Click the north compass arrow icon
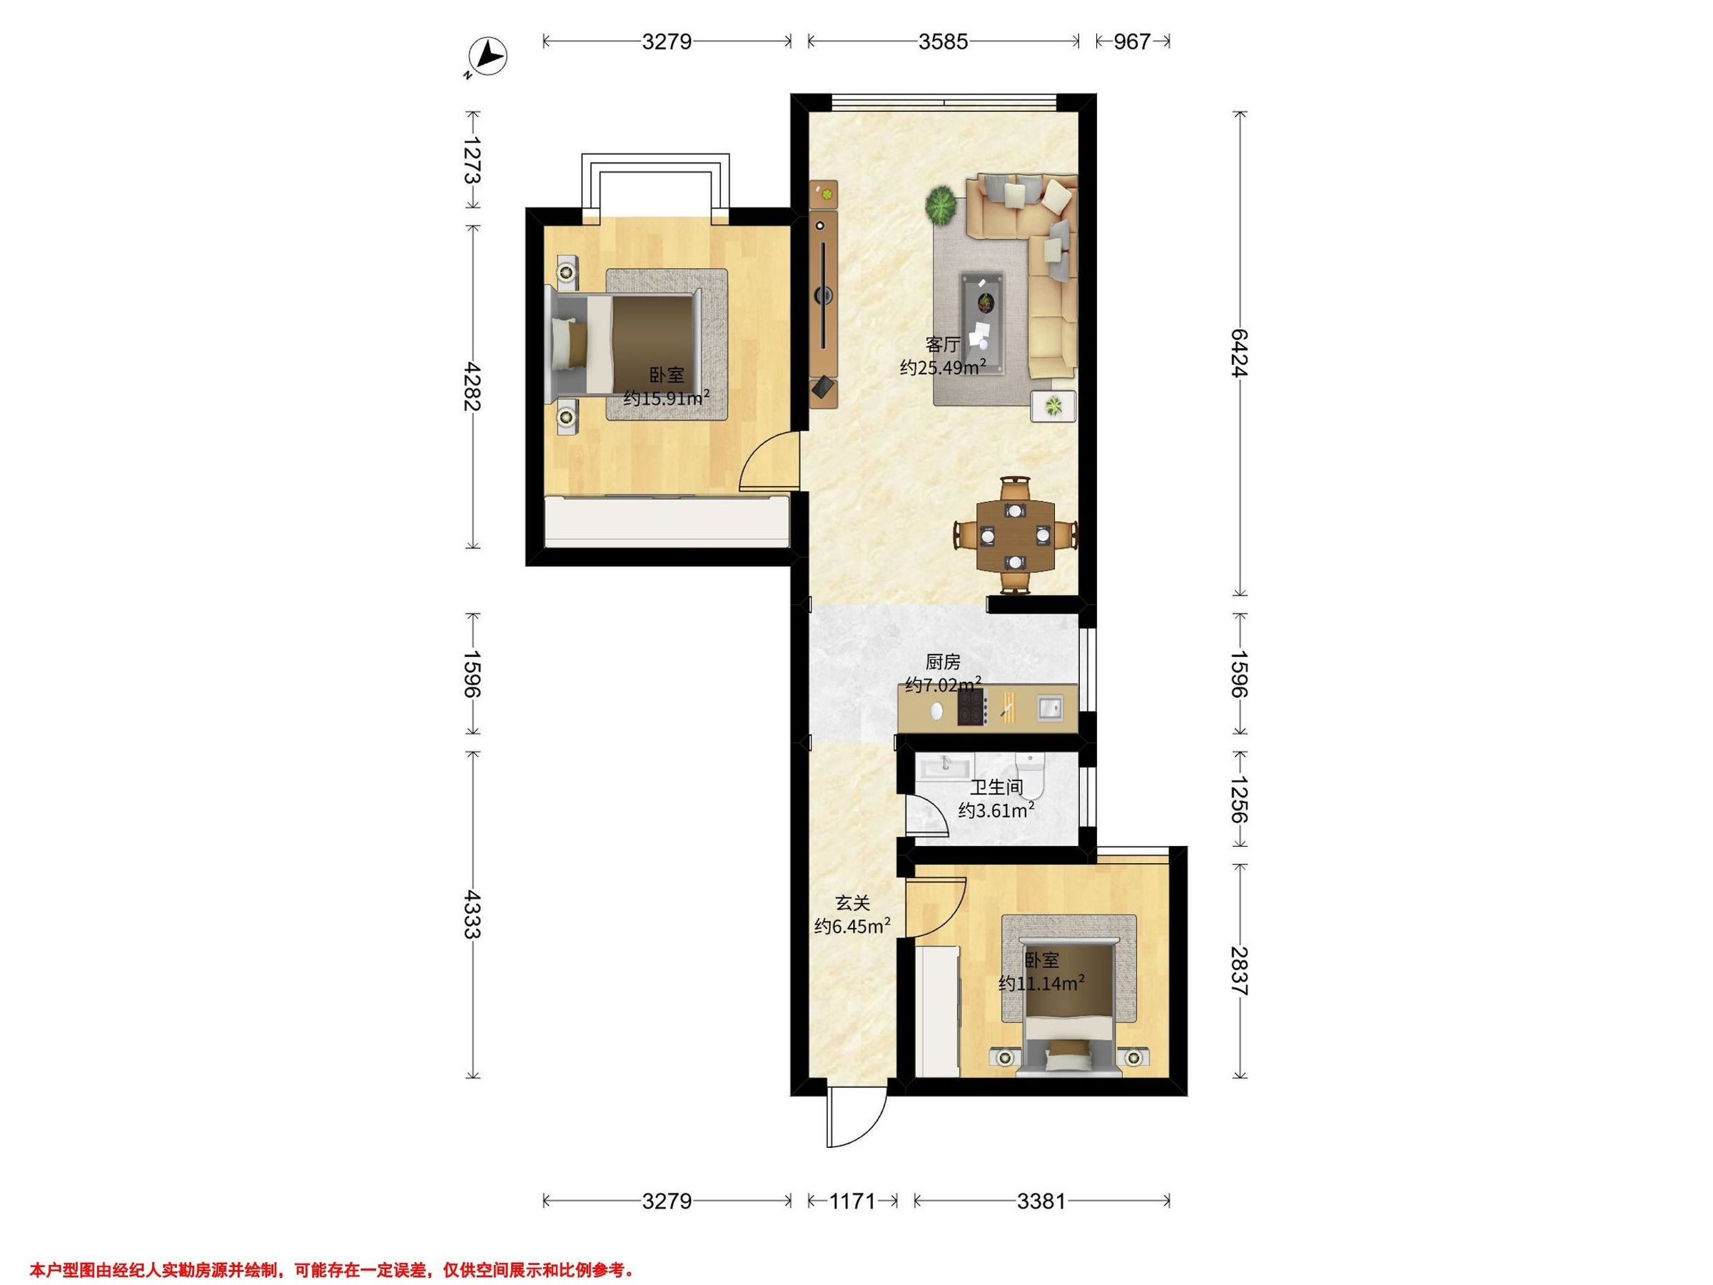489,57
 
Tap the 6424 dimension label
1240,353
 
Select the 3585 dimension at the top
944,41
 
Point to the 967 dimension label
1132,41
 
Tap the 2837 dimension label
1240,970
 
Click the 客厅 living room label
942,344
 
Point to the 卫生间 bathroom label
996,787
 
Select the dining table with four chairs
1015,535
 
